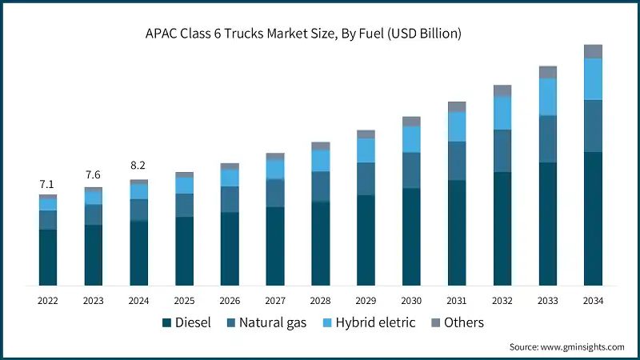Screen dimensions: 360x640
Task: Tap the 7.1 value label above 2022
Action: click(48, 185)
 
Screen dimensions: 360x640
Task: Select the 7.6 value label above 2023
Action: click(93, 175)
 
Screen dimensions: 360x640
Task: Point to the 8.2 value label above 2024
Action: click(138, 166)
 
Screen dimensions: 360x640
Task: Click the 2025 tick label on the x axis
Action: click(184, 301)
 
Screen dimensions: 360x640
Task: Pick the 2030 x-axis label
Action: click(411, 301)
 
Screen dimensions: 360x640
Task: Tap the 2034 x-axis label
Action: click(593, 301)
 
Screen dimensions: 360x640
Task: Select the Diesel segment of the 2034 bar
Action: click(593, 218)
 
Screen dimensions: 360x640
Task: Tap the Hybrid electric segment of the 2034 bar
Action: click(593, 78)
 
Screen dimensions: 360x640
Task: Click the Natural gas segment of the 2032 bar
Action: click(502, 150)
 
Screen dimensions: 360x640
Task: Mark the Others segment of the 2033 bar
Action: click(547, 72)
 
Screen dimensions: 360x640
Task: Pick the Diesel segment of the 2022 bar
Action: click(48, 257)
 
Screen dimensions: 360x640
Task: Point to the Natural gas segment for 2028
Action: click(321, 186)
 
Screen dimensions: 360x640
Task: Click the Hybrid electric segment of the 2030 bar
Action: click(411, 139)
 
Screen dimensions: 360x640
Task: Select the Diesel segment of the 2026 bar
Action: click(230, 248)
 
